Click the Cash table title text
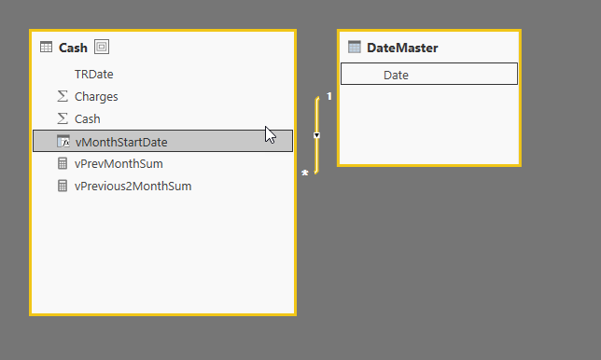[x=73, y=48]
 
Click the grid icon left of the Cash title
[x=46, y=48]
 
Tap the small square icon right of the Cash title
[x=101, y=48]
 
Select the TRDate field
[x=93, y=74]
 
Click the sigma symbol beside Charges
[x=63, y=96]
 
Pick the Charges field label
[x=96, y=96]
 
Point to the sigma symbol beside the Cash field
[x=63, y=118]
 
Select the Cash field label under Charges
[x=87, y=118]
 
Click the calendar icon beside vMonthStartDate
[x=63, y=141]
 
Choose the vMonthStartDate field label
[x=120, y=141]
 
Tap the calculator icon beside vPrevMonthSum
[x=63, y=163]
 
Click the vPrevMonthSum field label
[x=119, y=163]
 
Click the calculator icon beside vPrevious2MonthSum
[x=63, y=186]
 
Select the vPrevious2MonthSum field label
[x=133, y=186]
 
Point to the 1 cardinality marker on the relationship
[x=329, y=96]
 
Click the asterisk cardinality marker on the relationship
[x=305, y=173]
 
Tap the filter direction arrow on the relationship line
[x=317, y=135]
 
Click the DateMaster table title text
[x=402, y=48]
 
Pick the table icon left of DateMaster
[x=354, y=48]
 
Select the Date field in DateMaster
[x=396, y=75]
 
